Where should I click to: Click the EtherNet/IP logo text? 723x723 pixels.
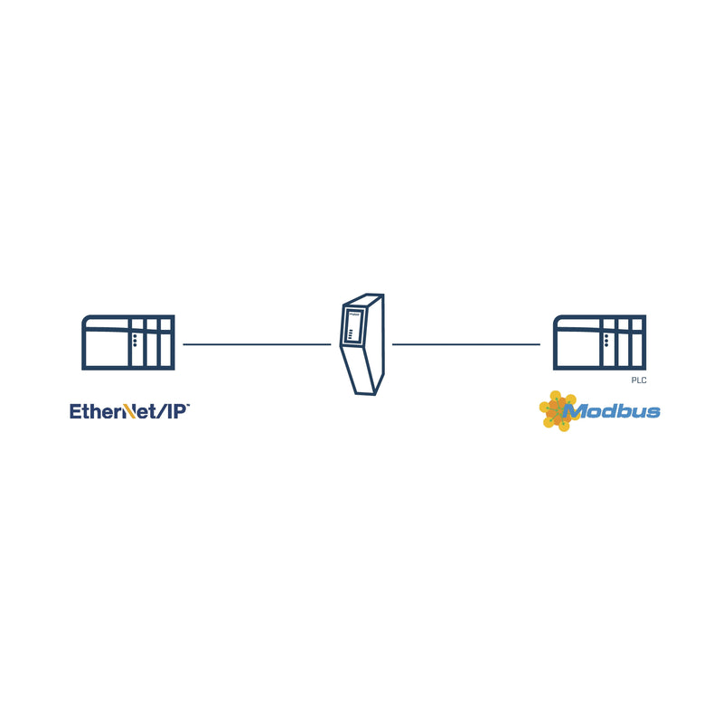point(129,411)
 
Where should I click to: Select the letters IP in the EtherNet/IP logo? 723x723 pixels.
point(176,411)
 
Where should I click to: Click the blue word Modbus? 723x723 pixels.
point(612,411)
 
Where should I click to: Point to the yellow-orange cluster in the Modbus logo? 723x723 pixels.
point(557,411)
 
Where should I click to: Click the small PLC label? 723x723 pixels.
point(639,380)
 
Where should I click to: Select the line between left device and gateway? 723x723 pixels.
point(257,344)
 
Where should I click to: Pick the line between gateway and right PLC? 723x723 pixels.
point(466,344)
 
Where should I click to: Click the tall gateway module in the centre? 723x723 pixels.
point(362,344)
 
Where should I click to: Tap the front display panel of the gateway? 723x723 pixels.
point(353,324)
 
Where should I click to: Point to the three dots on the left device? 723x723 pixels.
point(135,341)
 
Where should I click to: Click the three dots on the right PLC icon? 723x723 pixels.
point(606,341)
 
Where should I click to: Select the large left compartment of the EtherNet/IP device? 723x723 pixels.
point(108,348)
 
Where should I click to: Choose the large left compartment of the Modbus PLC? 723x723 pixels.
point(578,348)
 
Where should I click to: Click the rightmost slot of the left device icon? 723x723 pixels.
point(166,343)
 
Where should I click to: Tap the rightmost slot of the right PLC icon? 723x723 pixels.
point(637,343)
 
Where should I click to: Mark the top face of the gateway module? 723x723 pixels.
point(364,300)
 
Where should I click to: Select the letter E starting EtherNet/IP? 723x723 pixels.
point(75,411)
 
